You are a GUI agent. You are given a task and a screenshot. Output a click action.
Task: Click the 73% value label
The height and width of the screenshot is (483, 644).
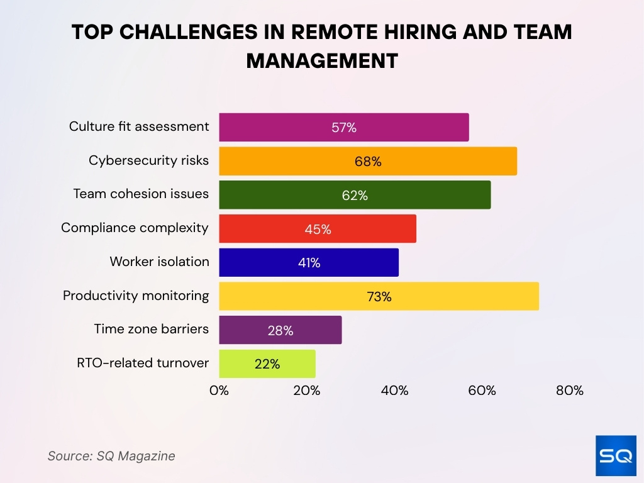[379, 297]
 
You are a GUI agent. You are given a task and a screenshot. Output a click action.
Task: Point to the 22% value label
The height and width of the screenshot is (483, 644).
[267, 364]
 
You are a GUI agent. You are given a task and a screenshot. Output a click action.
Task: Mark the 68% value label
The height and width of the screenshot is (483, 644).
[368, 162]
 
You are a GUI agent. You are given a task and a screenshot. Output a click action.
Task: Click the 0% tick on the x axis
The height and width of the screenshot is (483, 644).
[219, 391]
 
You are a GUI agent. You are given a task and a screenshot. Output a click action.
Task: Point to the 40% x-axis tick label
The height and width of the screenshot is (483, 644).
[394, 391]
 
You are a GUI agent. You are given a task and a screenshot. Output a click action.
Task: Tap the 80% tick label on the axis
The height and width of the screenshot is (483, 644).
[570, 391]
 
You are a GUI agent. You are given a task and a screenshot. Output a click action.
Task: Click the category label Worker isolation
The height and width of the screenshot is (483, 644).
[159, 262]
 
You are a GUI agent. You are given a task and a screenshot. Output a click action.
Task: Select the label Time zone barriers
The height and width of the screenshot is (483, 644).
[151, 329]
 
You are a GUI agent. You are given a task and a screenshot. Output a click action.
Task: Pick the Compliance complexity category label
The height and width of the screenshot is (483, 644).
[135, 228]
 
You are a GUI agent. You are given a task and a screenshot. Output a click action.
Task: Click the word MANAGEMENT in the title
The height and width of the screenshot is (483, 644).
[322, 60]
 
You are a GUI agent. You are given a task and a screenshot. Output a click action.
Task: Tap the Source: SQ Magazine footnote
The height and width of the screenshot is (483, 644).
[111, 456]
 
